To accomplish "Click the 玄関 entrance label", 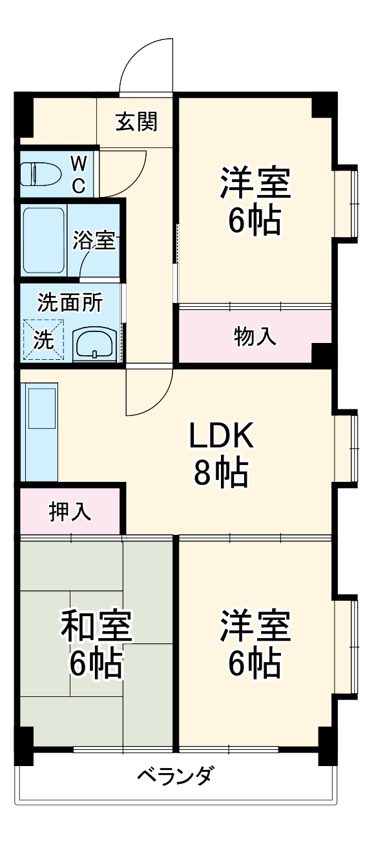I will click(x=137, y=121).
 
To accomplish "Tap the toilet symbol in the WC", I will click(x=40, y=174).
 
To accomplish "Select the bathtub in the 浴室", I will click(x=44, y=240).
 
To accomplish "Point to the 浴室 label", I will click(x=94, y=240).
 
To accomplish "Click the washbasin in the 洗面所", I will click(x=95, y=344).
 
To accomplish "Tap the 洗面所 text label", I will click(x=69, y=302).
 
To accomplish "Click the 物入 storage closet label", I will click(x=255, y=336).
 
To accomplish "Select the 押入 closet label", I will click(x=70, y=510).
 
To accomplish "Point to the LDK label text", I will click(x=221, y=437).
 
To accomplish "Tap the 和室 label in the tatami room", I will click(x=96, y=627).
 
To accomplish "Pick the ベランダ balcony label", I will click(x=175, y=775).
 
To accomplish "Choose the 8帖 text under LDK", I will click(x=221, y=473).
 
